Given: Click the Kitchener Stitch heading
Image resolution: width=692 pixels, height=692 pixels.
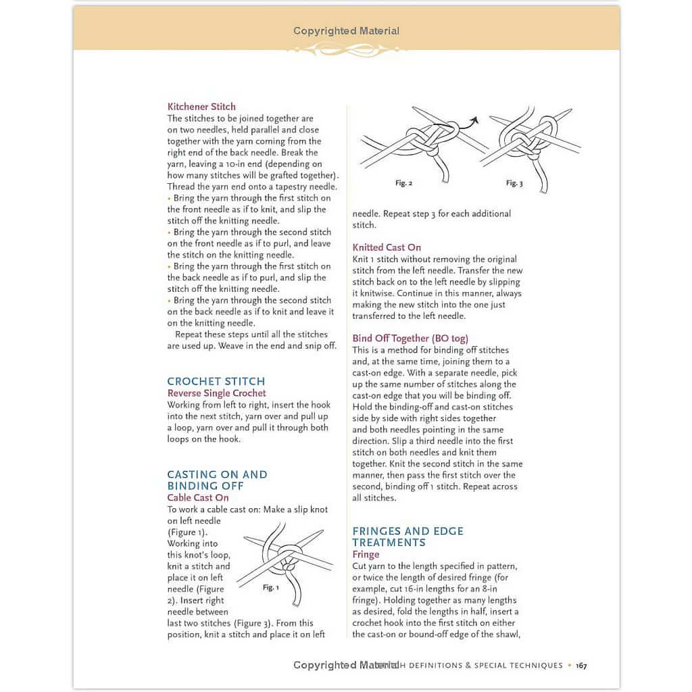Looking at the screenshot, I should pyautogui.click(x=201, y=107).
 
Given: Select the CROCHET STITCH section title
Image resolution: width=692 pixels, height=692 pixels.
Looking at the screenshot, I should pyautogui.click(x=216, y=381).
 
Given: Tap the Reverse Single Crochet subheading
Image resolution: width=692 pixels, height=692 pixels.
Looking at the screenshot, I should pyautogui.click(x=217, y=393).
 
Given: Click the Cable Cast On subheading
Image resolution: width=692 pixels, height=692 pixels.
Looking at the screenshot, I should pyautogui.click(x=198, y=498).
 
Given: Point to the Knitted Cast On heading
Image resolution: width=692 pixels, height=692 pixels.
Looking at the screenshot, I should pyautogui.click(x=387, y=247).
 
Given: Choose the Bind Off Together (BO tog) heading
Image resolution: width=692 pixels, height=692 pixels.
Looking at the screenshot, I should pyautogui.click(x=410, y=339).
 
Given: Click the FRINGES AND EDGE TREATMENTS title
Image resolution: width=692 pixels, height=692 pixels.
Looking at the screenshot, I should pyautogui.click(x=407, y=537).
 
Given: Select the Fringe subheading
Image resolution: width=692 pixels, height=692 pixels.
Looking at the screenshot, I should pyautogui.click(x=366, y=554).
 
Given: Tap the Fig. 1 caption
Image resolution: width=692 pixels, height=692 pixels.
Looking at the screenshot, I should pyautogui.click(x=270, y=588).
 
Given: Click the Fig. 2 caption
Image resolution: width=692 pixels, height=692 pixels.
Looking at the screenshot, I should pyautogui.click(x=403, y=183).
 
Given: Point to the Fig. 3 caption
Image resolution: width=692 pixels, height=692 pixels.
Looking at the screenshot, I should pyautogui.click(x=514, y=184).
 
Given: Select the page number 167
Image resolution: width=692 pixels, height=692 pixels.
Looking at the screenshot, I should pyautogui.click(x=581, y=666).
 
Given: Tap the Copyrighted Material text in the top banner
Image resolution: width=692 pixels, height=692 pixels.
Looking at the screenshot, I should pyautogui.click(x=346, y=31).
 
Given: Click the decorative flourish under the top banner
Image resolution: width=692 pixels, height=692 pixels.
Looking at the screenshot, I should pyautogui.click(x=346, y=49).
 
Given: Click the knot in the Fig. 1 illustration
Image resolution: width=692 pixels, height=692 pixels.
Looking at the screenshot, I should pyautogui.click(x=290, y=555).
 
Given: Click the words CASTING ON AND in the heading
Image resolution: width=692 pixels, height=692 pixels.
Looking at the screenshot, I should pyautogui.click(x=217, y=474).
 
